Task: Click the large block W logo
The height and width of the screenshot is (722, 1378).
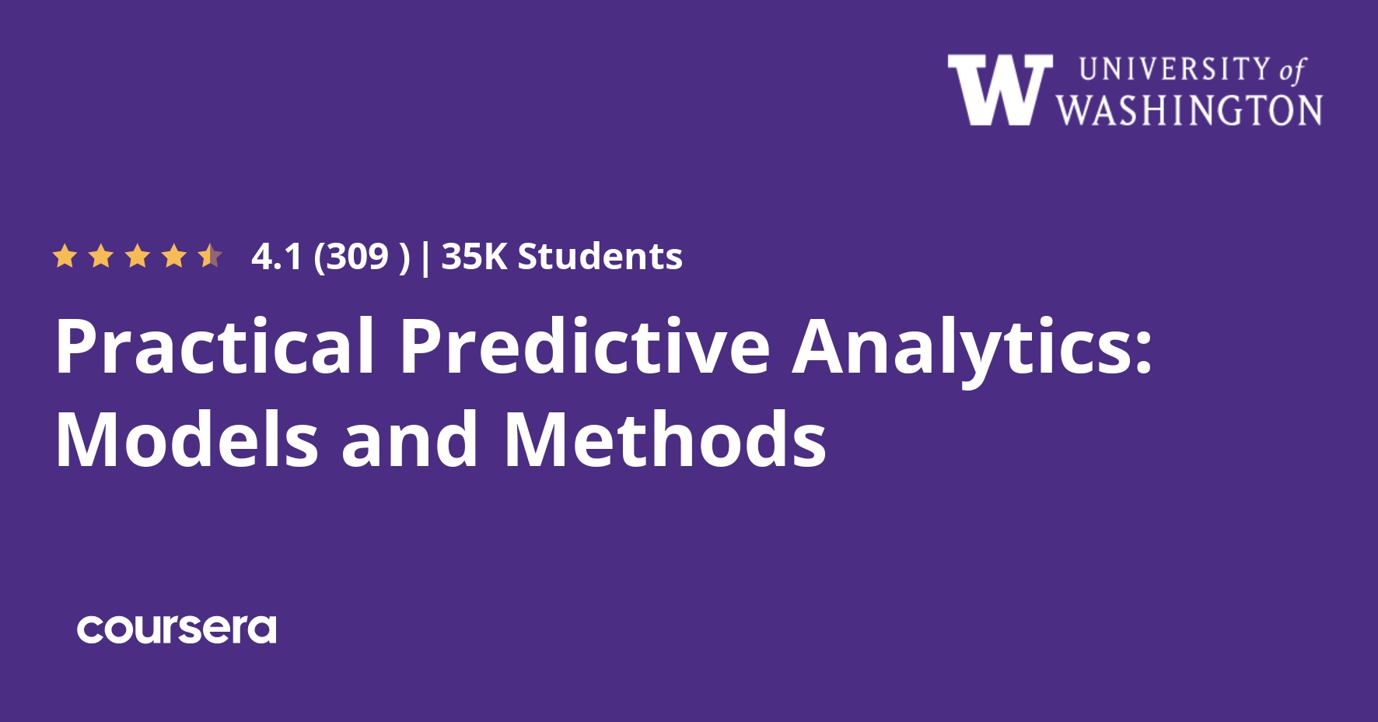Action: [1000, 90]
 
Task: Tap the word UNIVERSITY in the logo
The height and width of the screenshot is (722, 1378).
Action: [1175, 69]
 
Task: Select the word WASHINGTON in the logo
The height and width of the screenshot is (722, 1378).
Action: [1189, 110]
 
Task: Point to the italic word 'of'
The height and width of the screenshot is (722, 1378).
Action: [1292, 70]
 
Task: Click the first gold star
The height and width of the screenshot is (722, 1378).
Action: [65, 256]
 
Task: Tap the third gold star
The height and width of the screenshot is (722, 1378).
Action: [138, 256]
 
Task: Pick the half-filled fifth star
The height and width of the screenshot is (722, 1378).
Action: [210, 256]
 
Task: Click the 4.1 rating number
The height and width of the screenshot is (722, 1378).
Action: [276, 257]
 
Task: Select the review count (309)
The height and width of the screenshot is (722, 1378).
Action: [362, 257]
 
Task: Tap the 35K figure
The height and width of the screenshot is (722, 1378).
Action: [474, 257]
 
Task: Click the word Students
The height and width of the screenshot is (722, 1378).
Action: [600, 257]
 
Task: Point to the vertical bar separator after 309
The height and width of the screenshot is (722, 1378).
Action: [425, 258]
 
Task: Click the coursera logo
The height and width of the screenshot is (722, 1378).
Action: [177, 629]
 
